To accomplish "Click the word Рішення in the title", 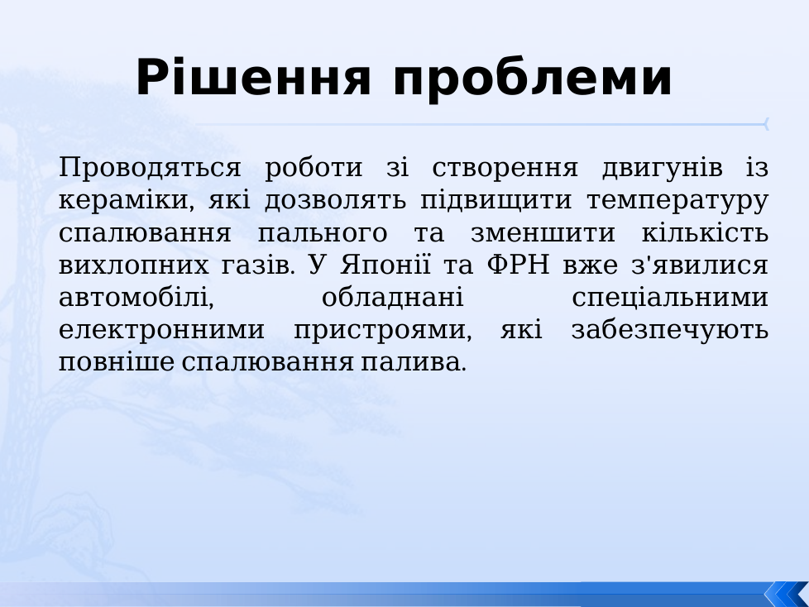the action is pos(253,78).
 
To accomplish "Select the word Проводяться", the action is pos(150,168).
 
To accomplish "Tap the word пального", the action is pos(323,233).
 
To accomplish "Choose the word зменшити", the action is pos(543,233).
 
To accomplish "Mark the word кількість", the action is pos(706,232).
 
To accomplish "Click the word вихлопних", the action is pos(134,265).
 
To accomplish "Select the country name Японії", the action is pos(385,265).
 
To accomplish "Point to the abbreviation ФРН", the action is pos(518,265).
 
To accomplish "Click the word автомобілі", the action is pos(136,298).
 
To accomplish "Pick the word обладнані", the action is pos(393,297).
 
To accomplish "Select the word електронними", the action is pos(161,330).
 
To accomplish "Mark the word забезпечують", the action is pos(670,330).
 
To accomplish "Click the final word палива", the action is pos(414,362).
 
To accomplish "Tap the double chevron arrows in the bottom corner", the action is pos(787,594).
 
